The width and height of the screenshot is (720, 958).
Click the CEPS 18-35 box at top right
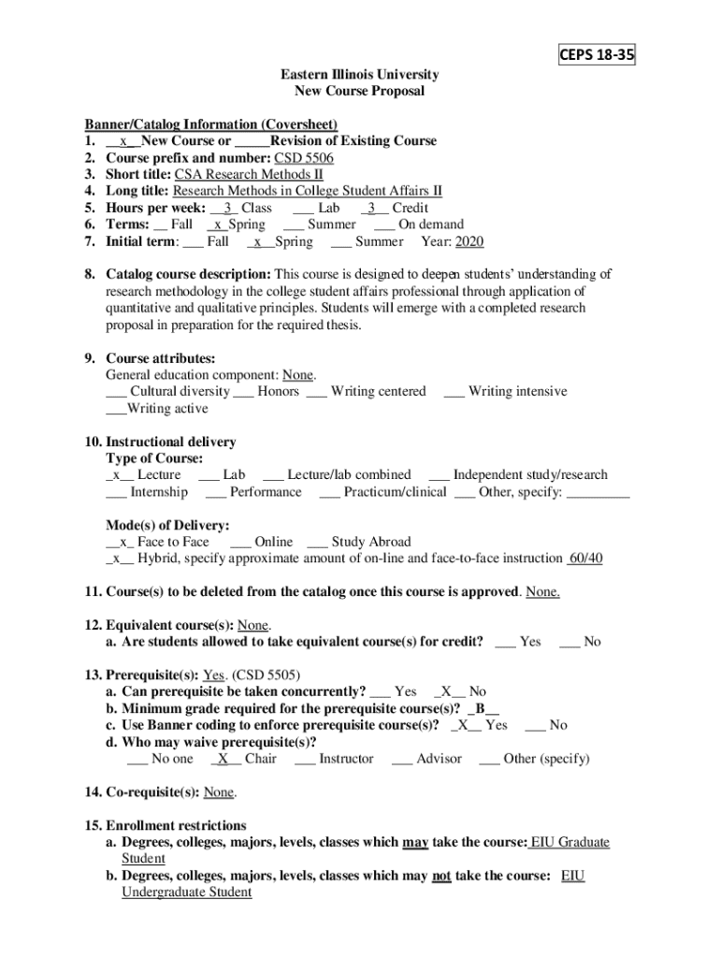(x=597, y=56)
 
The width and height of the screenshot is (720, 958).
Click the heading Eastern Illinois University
(x=360, y=75)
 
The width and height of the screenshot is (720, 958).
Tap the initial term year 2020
(x=469, y=241)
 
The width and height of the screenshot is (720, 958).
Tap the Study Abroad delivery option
(x=359, y=542)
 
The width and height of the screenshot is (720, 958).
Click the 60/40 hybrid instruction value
(x=585, y=559)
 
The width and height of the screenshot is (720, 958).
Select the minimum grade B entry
(x=482, y=708)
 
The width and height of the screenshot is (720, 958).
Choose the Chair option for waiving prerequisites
(x=245, y=759)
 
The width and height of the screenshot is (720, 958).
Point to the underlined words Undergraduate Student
(x=187, y=893)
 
